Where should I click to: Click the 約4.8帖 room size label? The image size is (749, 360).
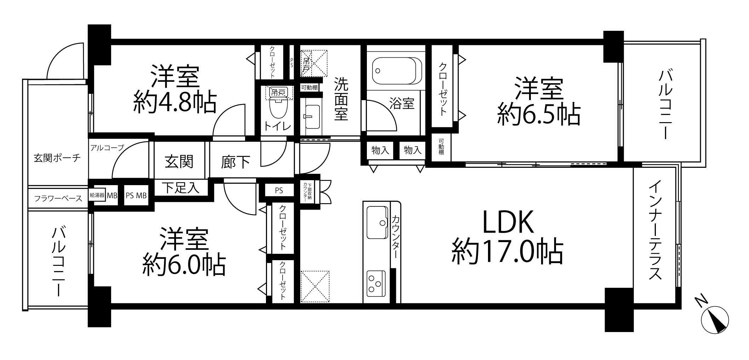tap(175, 103)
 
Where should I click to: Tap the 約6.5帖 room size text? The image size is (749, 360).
tap(539, 115)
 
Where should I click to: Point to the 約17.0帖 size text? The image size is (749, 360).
tap(507, 252)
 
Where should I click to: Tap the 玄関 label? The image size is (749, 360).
tap(179, 161)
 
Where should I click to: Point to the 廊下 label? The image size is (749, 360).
tap(235, 162)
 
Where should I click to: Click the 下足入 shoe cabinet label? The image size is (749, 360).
tap(180, 187)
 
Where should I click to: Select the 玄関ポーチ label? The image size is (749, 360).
tap(57, 158)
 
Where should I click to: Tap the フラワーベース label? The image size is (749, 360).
tap(58, 198)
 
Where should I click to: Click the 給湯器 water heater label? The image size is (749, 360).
tap(97, 195)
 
